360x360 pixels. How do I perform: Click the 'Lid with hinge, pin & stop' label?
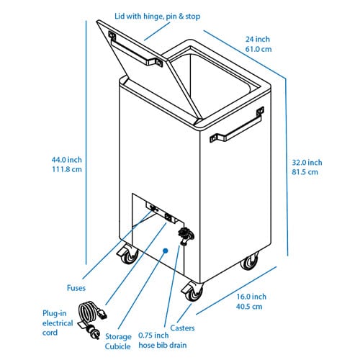[x=158, y=17]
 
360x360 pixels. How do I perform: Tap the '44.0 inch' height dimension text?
[x=67, y=160]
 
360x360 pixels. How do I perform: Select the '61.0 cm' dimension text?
[x=258, y=49]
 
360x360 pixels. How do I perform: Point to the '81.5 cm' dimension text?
[x=305, y=172]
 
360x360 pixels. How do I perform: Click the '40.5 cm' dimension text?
[x=249, y=307]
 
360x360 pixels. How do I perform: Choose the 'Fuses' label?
[x=76, y=288]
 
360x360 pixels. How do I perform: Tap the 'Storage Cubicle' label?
[x=118, y=341]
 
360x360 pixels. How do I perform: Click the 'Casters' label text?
[x=182, y=328]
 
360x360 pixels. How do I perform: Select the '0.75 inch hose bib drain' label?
[x=163, y=340]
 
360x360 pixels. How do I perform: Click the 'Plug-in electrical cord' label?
[x=58, y=323]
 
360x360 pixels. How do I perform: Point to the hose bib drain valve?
[x=186, y=235]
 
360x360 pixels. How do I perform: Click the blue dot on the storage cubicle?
[x=165, y=251]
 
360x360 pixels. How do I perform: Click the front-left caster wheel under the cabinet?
[x=128, y=254]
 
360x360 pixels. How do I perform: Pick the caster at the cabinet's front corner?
[x=193, y=292]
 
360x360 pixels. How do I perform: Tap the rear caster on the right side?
[x=250, y=261]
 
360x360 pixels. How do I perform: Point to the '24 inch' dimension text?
[x=258, y=39]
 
